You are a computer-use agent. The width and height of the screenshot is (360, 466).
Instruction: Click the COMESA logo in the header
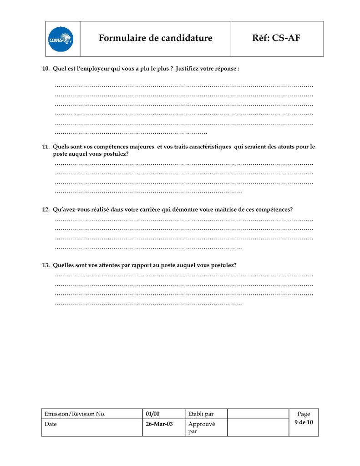pos(61,39)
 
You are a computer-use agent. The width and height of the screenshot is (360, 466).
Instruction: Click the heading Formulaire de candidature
pos(155,38)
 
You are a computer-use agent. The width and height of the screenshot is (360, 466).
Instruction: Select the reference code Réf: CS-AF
pos(276,38)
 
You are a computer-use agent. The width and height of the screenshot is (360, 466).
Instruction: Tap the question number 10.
pos(46,69)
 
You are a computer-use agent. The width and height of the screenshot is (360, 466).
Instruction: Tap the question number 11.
pos(46,147)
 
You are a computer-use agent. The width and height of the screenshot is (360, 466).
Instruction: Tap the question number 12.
pos(46,210)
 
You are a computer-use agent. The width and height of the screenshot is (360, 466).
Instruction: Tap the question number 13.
pos(46,265)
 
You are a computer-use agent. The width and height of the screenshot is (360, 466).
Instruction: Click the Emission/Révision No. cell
pos(75,414)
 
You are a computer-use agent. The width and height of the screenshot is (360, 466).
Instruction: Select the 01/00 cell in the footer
pos(153,414)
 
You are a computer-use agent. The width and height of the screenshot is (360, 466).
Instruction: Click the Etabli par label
pos(201,414)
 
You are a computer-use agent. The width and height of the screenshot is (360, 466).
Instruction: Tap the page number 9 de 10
pos(304,422)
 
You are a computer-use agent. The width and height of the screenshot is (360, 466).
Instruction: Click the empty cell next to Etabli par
pos(258,414)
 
